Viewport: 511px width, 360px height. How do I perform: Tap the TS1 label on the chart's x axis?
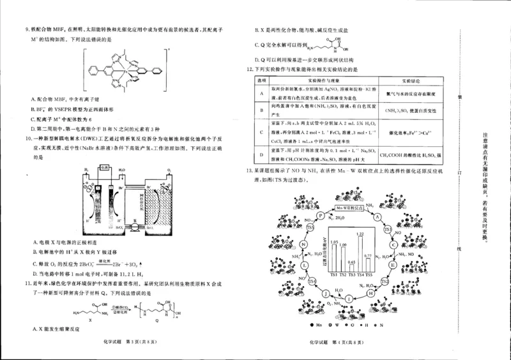click(x=334, y=275)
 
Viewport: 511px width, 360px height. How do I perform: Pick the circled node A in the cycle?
click(x=378, y=216)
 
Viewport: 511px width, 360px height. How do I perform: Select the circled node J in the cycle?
click(x=326, y=293)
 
